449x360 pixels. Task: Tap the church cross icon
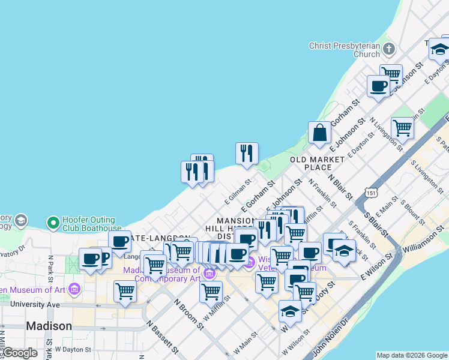[x=388, y=49]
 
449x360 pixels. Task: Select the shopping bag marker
[x=320, y=134]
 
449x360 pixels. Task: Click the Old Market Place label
[x=317, y=163]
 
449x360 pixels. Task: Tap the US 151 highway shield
[x=372, y=193]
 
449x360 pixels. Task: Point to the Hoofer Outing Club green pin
[x=53, y=223]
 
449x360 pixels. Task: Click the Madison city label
[x=49, y=326]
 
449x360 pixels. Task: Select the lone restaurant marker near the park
[x=247, y=154]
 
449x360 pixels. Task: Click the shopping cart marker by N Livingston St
[x=402, y=128]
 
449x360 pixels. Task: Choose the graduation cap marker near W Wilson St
[x=289, y=311]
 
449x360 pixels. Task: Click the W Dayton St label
[x=73, y=349]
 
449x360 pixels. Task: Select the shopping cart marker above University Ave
[x=124, y=291]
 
